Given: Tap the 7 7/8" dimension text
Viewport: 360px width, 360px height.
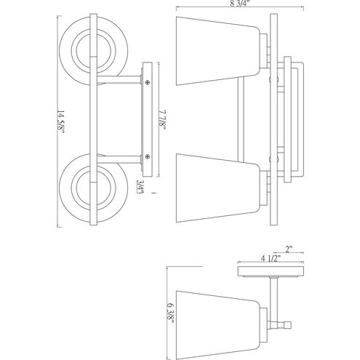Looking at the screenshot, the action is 163,121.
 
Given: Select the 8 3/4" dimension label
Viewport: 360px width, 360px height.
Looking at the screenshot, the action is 240,4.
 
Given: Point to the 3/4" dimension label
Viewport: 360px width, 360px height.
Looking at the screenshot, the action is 140,186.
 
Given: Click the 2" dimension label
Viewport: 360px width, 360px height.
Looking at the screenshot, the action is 289,249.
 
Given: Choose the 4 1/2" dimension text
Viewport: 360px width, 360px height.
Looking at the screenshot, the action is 271,258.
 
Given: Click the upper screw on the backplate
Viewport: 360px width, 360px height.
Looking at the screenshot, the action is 147,82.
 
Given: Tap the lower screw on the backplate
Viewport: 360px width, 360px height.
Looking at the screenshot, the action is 147,156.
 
